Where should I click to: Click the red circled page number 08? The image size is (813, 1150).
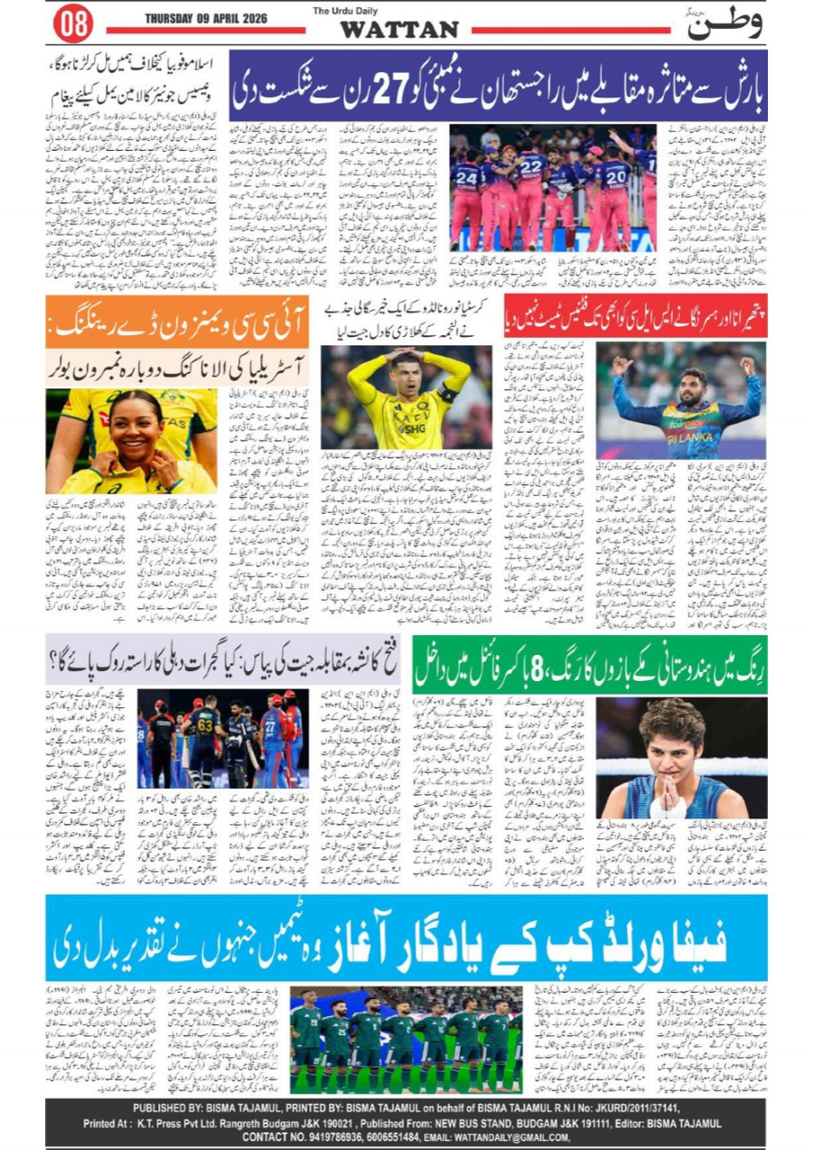pyautogui.click(x=72, y=23)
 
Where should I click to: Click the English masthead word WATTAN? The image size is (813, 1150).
pyautogui.click(x=398, y=30)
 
